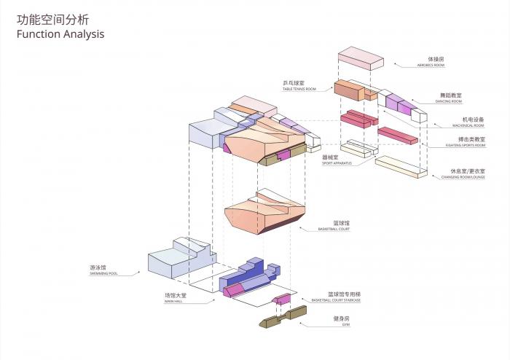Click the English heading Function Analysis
[x=60, y=34]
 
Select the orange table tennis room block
[x=350, y=91]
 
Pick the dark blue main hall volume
[x=248, y=273]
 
